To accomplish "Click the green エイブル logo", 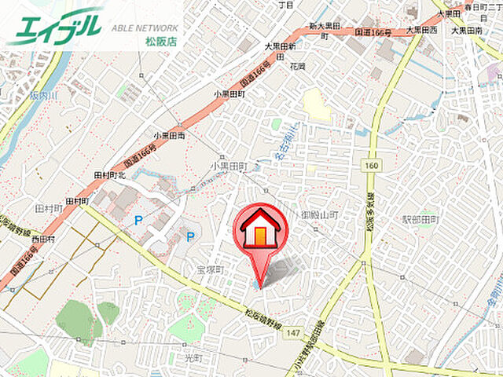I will tap(55, 25).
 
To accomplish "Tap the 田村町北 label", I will tap(110, 174).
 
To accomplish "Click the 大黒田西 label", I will tap(421, 30).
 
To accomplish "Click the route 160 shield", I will tap(372, 166).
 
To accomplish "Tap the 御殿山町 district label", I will tap(319, 214).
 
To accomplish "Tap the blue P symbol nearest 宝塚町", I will tap(189, 236).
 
